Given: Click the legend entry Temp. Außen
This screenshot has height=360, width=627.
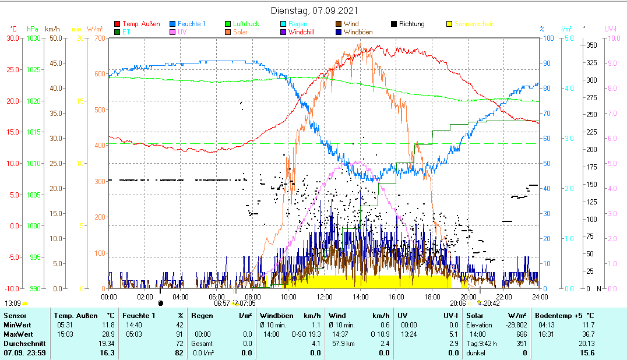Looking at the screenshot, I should pos(141,24).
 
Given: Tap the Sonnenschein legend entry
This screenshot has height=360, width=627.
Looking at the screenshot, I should pos(474,24).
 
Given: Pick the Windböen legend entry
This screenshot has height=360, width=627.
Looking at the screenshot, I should pos(358,32).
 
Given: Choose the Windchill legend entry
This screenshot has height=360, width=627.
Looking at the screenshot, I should pos(301,32).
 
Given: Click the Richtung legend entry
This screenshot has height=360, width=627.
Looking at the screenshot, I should pos(411,24).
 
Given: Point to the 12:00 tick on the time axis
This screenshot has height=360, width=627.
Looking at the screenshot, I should pos(324,297).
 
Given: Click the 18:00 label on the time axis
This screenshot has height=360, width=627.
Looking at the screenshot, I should pos(432,297).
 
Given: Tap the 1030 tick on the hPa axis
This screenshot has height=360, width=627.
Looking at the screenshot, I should pos(34,38).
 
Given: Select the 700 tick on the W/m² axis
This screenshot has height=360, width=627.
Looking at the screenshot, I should pos(100,38).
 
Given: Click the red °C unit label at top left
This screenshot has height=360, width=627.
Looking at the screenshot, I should pos(13,29).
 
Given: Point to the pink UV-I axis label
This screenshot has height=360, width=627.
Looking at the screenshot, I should pos(611,29).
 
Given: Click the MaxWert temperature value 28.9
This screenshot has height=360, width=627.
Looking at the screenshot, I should pos(108,334).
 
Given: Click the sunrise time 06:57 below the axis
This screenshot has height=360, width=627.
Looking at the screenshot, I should pos(222,303).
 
